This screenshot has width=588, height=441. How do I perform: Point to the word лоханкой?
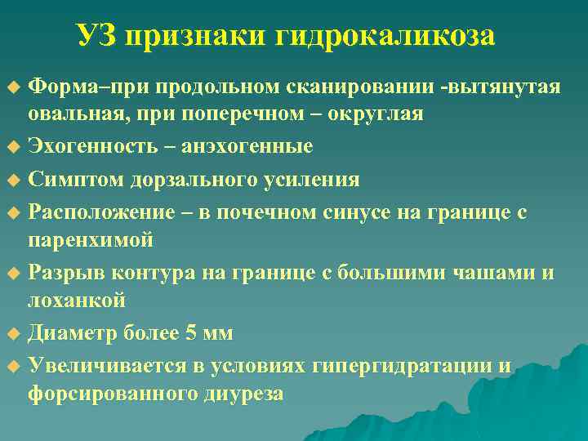coord(77,301)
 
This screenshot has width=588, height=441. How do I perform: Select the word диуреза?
coord(244,394)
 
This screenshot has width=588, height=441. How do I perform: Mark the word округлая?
coord(375,114)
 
